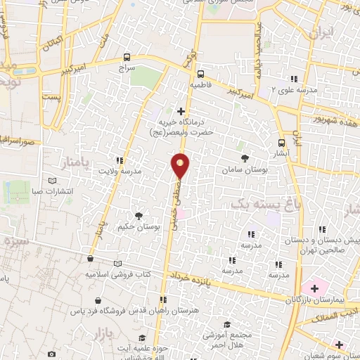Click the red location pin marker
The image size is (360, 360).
181,165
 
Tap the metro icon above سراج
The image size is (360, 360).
127,58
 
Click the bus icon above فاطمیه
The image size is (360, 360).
201,73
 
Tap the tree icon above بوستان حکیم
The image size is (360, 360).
139,215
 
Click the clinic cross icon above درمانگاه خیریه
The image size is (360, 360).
181,111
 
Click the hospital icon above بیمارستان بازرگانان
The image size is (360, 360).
314,287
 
